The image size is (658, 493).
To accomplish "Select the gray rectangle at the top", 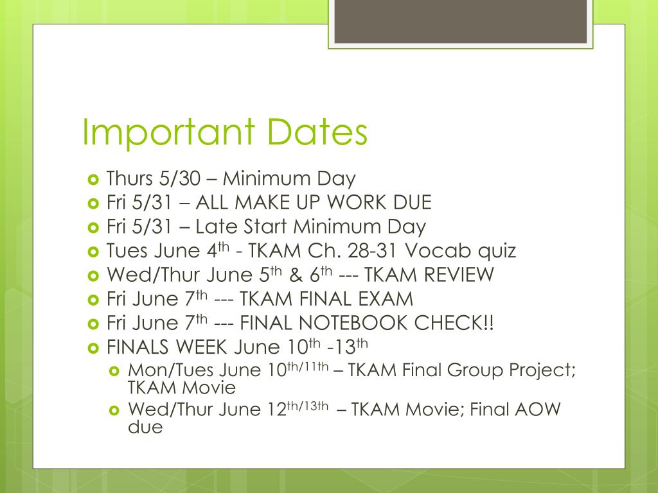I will click(459, 22).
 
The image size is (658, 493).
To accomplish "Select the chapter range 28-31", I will click(400, 251).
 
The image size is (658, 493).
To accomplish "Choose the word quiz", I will click(498, 251).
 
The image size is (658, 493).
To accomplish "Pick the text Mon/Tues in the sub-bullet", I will click(170, 370).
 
